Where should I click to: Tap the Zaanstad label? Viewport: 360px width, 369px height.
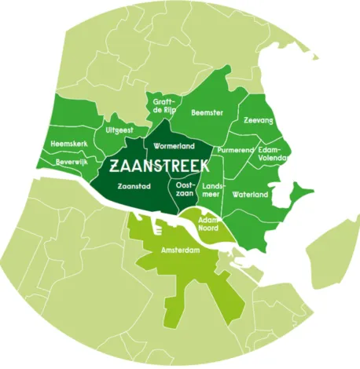(133, 188)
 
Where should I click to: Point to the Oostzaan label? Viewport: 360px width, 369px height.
(174, 188)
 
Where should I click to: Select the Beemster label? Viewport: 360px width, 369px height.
(208, 113)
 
